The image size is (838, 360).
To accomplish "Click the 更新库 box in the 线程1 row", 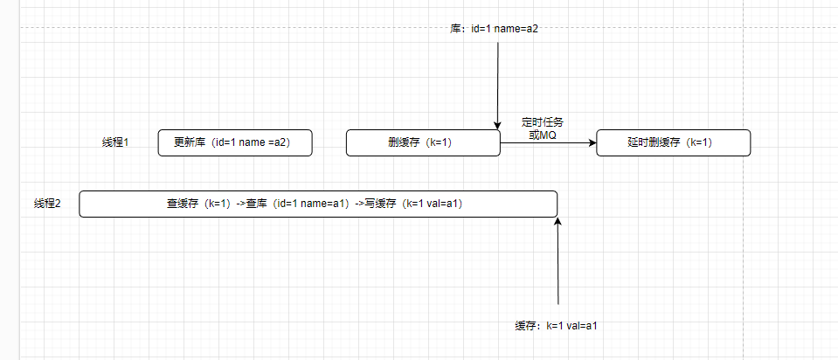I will (x=235, y=142).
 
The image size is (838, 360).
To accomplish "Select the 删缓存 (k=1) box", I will (x=423, y=142).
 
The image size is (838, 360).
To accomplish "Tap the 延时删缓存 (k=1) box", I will (x=673, y=142).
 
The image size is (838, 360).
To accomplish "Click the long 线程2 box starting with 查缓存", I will (x=318, y=204).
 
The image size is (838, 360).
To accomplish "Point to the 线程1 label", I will (x=115, y=142).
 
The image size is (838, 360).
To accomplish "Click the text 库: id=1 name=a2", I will (x=494, y=28).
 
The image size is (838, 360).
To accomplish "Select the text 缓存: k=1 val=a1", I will (x=556, y=325).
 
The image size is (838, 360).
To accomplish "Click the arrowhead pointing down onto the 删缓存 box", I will (x=497, y=126).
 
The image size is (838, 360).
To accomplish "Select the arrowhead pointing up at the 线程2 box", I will (x=558, y=222).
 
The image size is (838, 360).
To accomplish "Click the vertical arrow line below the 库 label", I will (x=497, y=79).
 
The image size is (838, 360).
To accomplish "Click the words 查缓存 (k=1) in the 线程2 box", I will (x=198, y=204).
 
